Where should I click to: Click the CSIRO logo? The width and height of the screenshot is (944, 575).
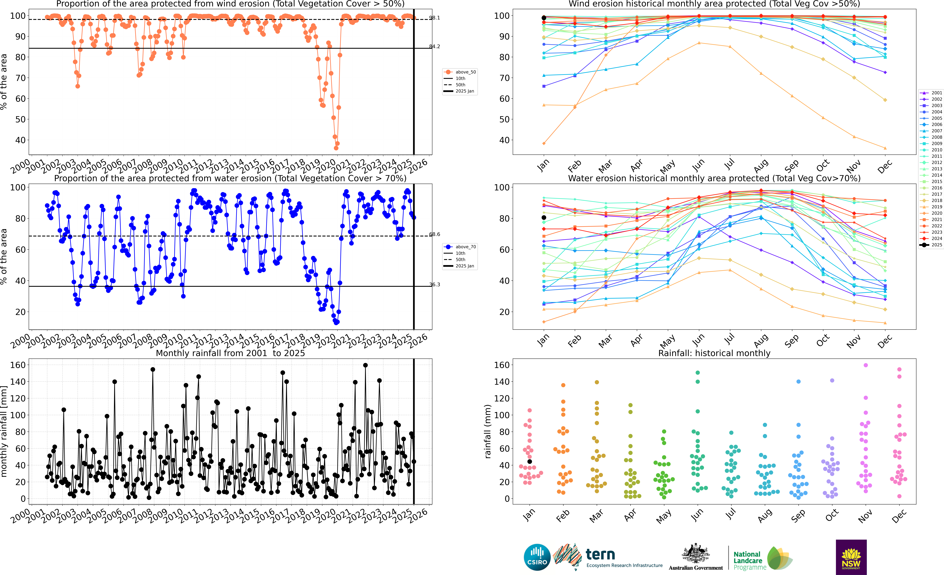click(537, 557)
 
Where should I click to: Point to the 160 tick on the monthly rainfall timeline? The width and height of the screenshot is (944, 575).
click(18, 365)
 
